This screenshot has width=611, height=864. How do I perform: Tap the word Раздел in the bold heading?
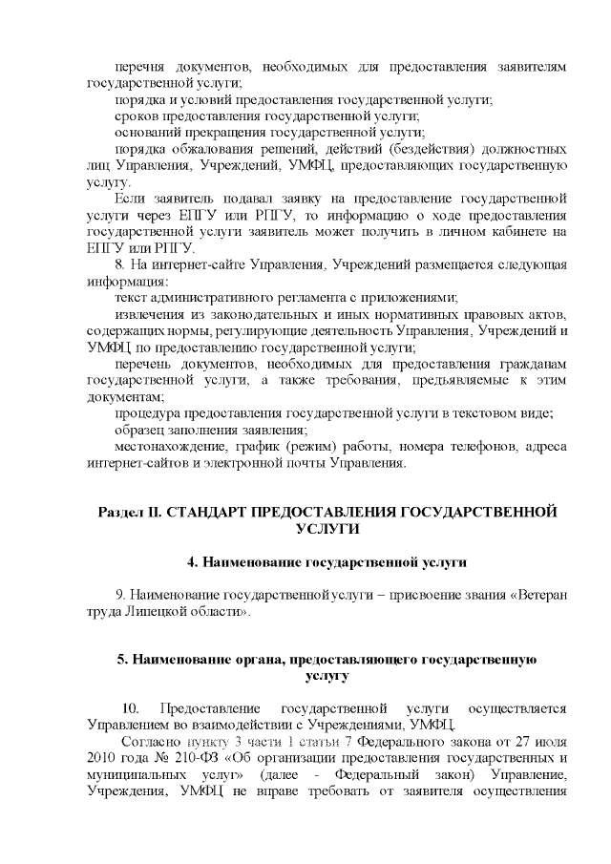pyautogui.click(x=121, y=512)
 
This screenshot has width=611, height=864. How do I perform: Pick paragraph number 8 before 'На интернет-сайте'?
pyautogui.click(x=118, y=264)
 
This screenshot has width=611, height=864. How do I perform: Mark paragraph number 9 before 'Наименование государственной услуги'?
pyautogui.click(x=118, y=595)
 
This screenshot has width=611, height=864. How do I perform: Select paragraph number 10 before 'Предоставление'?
pyautogui.click(x=133, y=707)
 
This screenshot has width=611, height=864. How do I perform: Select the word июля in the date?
pyautogui.click(x=550, y=740)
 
